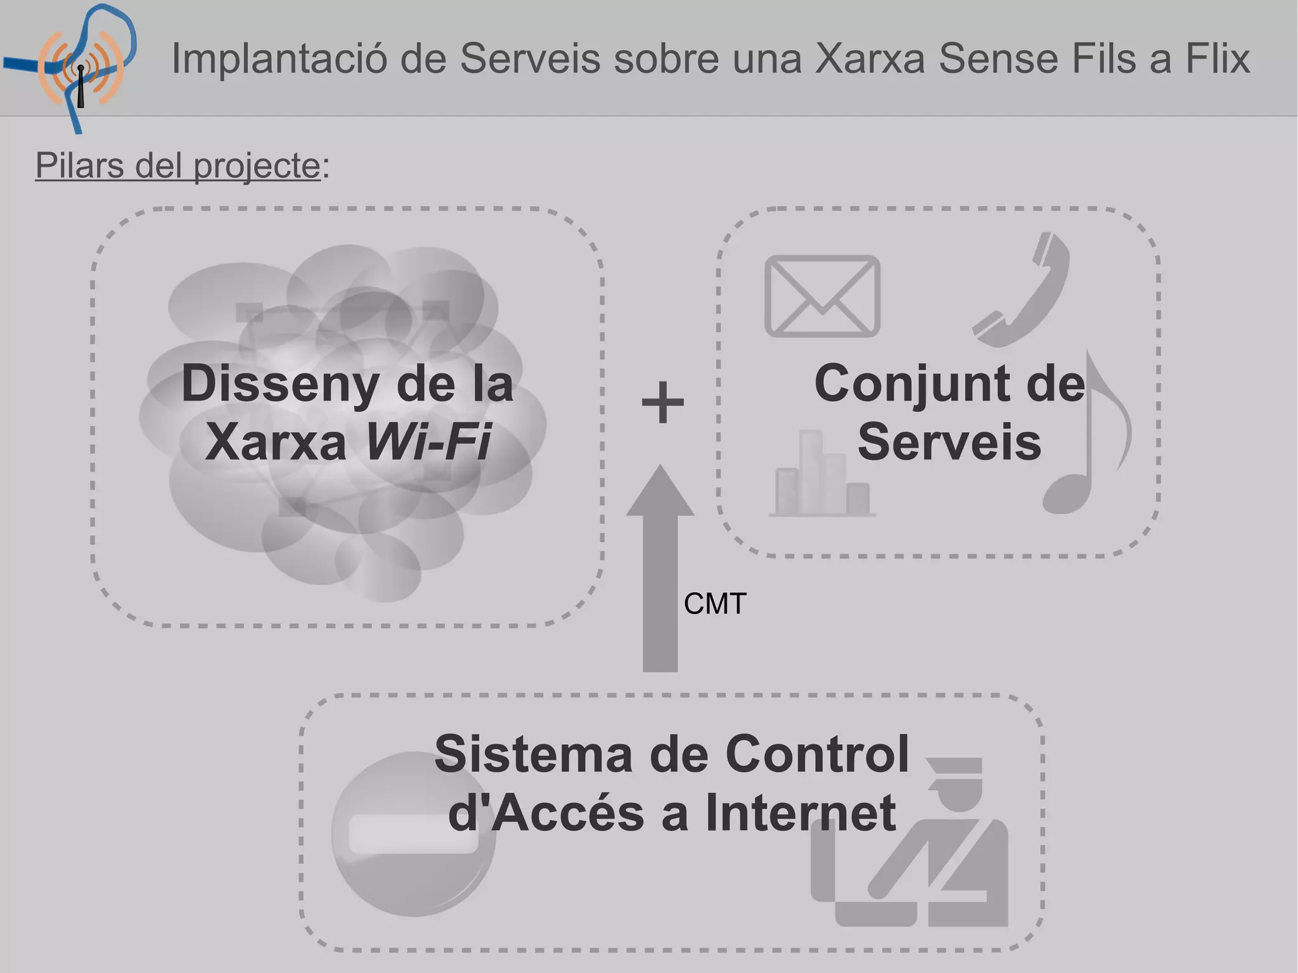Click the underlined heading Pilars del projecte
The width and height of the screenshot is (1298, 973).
pos(178,166)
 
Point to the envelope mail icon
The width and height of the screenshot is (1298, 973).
pos(822,296)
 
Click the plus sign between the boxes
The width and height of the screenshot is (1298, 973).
pos(662,403)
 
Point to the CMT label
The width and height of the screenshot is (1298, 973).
pos(715,603)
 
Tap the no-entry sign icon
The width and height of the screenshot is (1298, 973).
pos(413,834)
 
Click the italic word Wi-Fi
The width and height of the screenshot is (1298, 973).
pos(428,442)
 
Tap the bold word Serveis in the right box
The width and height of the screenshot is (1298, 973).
pos(949,442)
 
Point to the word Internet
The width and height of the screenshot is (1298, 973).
pos(800,813)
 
